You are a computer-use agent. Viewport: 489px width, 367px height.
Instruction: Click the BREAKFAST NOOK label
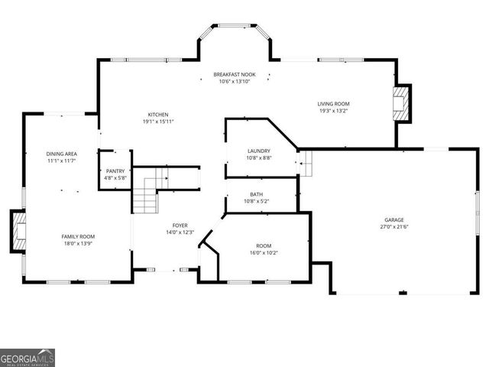tap(237, 74)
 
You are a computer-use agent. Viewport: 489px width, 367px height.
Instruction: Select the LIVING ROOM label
tap(333, 103)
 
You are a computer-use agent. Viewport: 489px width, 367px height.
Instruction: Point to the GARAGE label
tap(394, 220)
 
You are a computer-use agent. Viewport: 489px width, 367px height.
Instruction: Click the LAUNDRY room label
tap(259, 151)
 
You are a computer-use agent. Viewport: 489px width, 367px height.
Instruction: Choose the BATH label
tap(256, 195)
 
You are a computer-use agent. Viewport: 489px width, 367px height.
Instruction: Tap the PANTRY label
tap(115, 171)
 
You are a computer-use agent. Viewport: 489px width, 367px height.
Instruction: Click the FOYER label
tap(180, 226)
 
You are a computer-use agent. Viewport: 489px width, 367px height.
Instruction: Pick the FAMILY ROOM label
tap(78, 237)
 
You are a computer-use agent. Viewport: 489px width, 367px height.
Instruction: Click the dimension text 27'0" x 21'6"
tap(394, 227)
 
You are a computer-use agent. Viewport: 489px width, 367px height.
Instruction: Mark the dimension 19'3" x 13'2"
tap(333, 110)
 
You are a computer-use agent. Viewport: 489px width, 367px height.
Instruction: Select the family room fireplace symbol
tap(18, 232)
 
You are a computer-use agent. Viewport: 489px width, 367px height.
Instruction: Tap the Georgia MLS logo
tap(28, 358)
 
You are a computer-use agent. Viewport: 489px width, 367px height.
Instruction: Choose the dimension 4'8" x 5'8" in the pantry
tap(115, 178)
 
